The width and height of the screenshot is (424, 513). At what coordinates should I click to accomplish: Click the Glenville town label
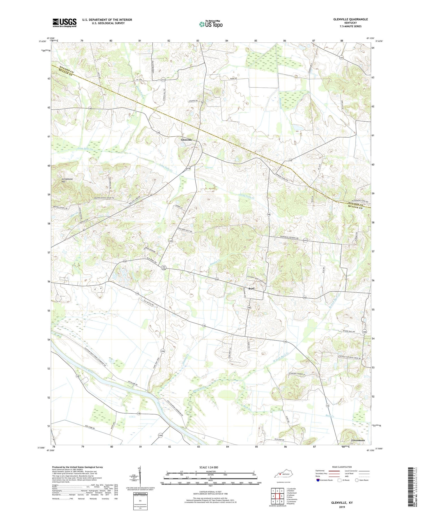click(x=186, y=140)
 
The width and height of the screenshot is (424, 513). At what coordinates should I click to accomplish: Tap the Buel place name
click(x=251, y=289)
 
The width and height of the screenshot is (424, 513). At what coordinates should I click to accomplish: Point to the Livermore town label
click(x=358, y=441)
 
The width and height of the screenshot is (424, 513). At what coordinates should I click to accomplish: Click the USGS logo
click(x=64, y=23)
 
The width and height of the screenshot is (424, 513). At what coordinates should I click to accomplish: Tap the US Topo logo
click(x=211, y=24)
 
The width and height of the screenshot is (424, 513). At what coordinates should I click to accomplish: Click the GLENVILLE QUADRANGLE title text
click(x=351, y=19)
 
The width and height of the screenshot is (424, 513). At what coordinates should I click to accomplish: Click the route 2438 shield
click(x=189, y=168)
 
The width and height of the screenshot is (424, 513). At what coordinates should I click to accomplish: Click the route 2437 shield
click(x=305, y=240)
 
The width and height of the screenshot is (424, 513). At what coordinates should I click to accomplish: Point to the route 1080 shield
click(x=364, y=332)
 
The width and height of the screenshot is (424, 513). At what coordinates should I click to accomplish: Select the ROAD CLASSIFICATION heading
click(x=342, y=467)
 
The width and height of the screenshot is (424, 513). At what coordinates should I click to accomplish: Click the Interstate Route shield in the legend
click(x=318, y=480)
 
